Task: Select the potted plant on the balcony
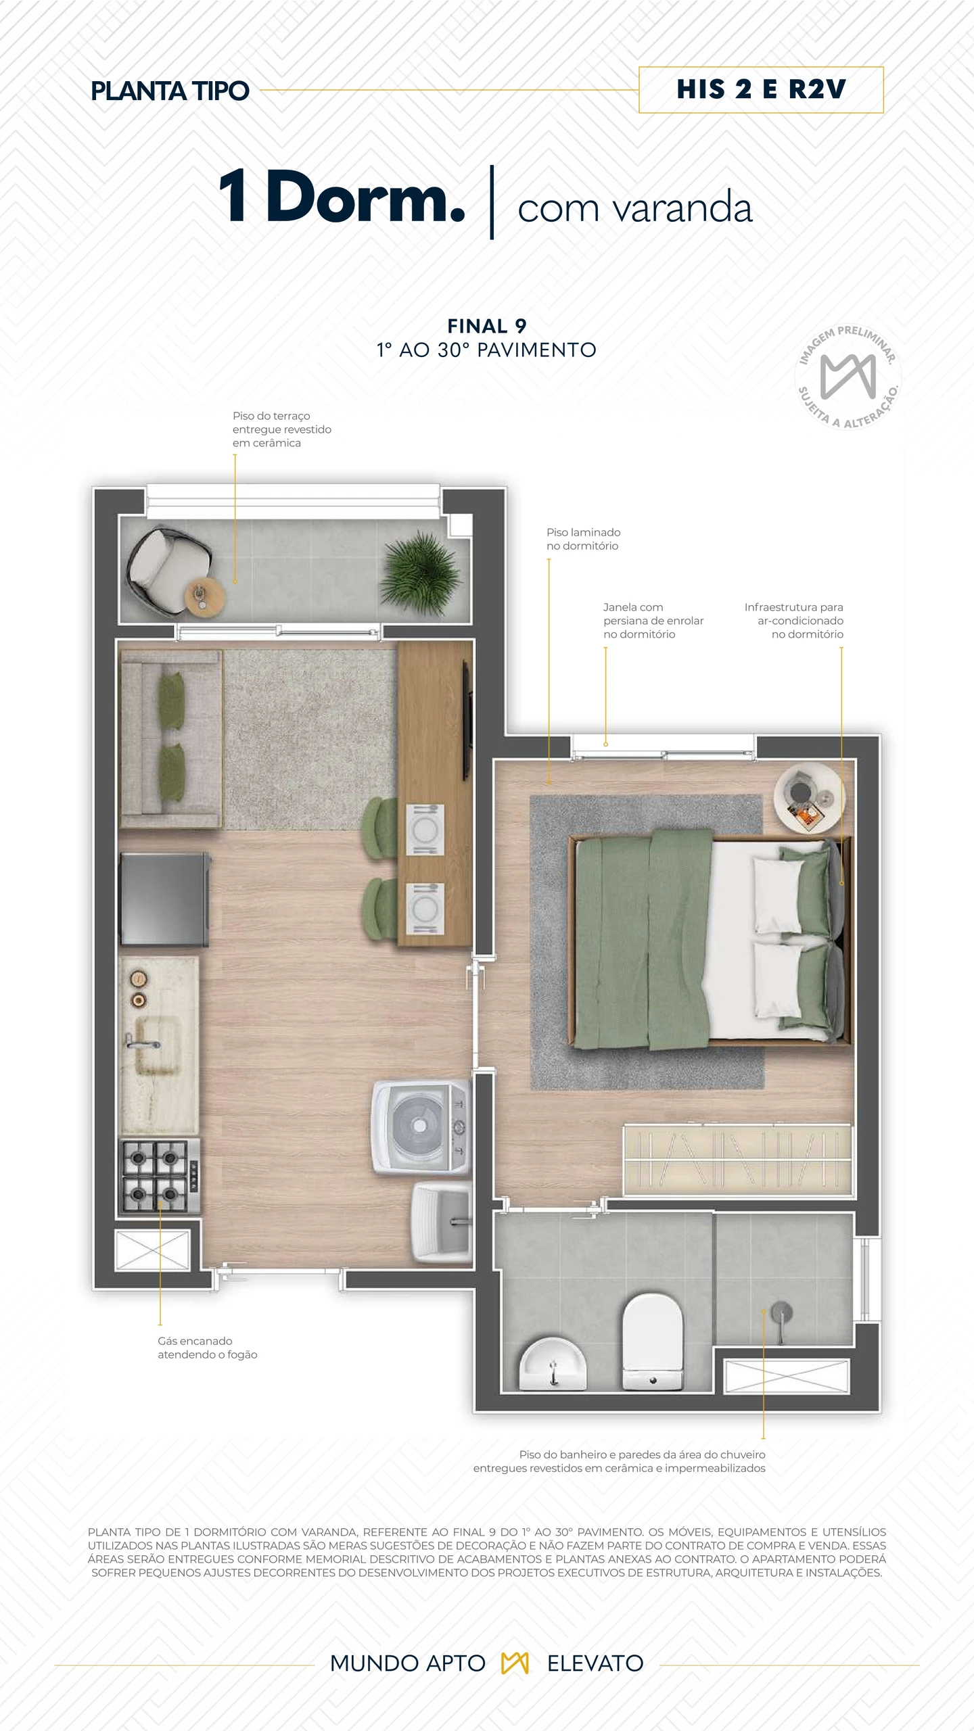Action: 421,572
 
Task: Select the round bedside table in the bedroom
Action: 809,799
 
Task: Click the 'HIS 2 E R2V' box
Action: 761,90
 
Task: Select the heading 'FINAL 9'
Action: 486,326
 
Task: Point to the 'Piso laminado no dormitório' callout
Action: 583,539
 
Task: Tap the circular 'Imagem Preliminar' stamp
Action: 848,377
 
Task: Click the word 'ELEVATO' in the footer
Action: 595,1663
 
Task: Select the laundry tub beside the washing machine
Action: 442,1223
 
